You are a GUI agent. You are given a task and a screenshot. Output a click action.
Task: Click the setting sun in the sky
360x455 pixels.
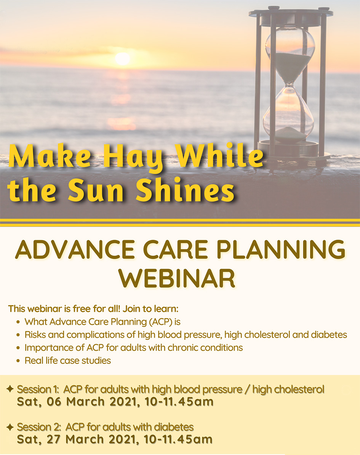122,59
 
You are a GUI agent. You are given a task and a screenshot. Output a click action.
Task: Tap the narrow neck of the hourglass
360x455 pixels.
288,84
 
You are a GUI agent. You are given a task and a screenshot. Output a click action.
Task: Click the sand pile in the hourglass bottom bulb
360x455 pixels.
290,134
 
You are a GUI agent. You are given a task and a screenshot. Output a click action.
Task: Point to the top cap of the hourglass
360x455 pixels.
291,13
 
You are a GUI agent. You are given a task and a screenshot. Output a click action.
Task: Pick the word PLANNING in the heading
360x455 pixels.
281,249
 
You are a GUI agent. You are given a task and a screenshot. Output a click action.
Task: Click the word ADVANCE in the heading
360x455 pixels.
75,249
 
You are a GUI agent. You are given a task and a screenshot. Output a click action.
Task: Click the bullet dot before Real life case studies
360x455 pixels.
18,361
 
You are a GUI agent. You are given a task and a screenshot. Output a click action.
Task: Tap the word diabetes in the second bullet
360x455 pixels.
329,335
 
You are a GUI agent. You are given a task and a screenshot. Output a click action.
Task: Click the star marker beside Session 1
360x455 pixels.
10,389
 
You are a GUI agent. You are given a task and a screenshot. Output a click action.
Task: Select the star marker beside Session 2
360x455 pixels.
10,426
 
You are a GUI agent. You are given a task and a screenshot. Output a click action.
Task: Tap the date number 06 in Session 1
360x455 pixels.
54,402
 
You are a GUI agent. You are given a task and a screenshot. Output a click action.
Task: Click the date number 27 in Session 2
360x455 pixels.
54,439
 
